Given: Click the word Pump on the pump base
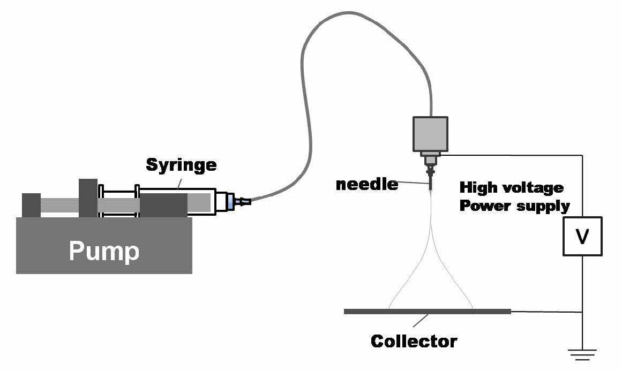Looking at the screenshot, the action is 104,251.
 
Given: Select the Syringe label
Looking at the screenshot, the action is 181,165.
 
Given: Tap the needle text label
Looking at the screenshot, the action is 367,184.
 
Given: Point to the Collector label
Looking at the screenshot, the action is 414,341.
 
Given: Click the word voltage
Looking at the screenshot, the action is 533,188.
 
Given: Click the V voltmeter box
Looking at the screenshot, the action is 582,236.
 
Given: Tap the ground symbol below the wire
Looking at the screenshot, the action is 582,354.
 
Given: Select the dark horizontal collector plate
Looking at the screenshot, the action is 427,312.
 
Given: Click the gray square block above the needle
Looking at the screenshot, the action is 430,134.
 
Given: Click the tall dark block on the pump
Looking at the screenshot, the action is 88,198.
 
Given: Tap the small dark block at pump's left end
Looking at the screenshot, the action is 31,205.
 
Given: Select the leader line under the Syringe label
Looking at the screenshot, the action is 179,184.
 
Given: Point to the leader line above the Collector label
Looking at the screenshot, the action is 421,321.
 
